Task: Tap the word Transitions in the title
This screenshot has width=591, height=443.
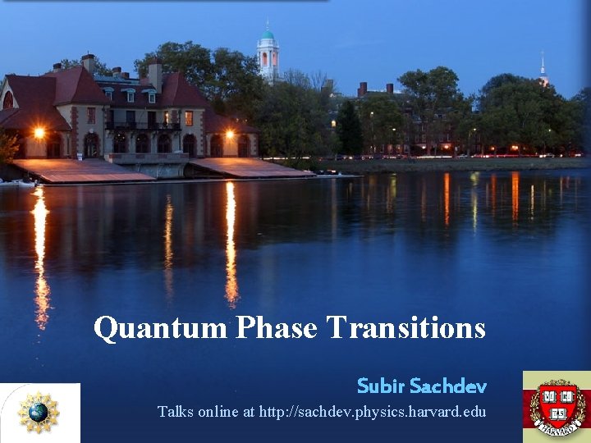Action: click(x=406, y=328)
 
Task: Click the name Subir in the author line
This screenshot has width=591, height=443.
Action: click(x=381, y=386)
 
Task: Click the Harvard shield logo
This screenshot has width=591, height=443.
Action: click(x=557, y=407)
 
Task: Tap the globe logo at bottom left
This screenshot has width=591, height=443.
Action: click(x=39, y=413)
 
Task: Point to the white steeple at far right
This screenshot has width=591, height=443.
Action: click(x=543, y=72)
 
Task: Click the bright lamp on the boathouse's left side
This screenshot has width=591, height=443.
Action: click(x=39, y=132)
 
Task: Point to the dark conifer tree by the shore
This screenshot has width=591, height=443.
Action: click(x=350, y=130)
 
